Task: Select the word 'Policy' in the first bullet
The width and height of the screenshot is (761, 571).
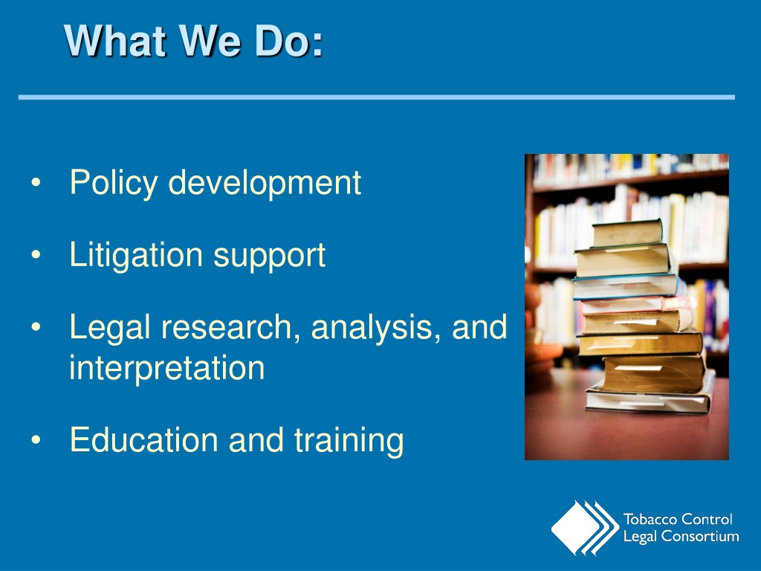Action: point(114,183)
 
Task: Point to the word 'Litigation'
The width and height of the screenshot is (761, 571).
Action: point(136,255)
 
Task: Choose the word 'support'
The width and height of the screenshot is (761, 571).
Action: point(270,257)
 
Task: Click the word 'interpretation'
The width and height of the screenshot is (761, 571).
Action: point(166,367)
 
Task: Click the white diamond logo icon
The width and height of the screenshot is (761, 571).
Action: point(576,528)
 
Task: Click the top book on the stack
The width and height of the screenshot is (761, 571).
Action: point(626,233)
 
